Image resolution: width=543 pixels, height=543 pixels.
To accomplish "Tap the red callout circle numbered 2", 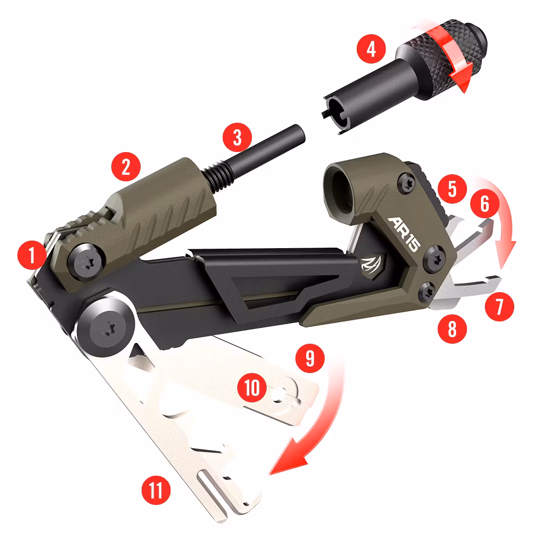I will (x=127, y=167).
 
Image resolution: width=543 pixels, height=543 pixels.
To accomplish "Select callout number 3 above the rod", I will (x=237, y=137).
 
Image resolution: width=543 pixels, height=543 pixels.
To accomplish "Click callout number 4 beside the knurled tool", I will (x=371, y=50).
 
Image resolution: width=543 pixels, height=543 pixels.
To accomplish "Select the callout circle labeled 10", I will (x=254, y=388).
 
